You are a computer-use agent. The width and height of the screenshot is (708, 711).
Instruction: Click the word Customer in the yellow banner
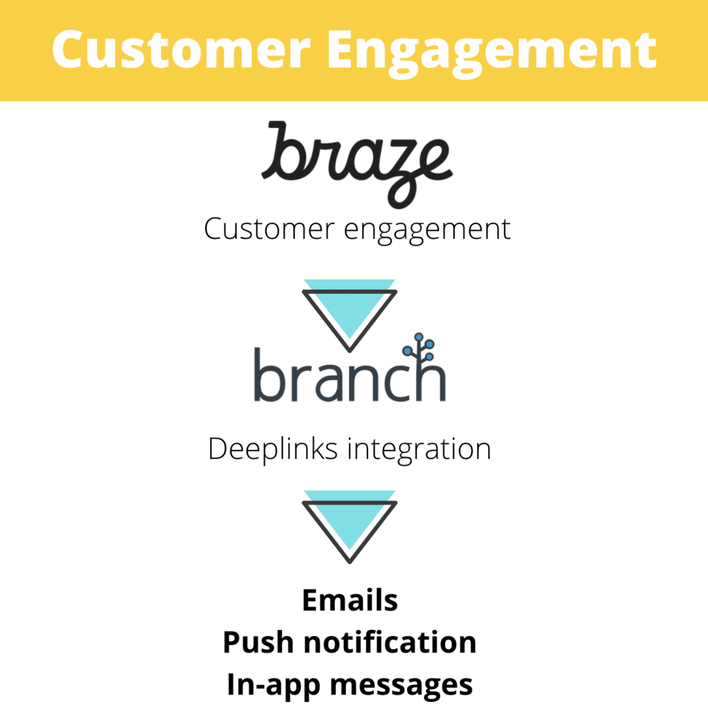pos(181,49)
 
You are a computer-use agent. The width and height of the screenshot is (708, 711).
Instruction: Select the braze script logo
pos(357,165)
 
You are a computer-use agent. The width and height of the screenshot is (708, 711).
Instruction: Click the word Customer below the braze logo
pos(269,228)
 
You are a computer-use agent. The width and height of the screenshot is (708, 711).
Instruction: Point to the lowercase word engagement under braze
pos(427,231)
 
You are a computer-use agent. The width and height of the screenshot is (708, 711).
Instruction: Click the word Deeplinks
pos(273,450)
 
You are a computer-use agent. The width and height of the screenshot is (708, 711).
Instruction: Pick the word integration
pos(420,451)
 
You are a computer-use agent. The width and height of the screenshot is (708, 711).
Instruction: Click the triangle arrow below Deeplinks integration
pos(349,527)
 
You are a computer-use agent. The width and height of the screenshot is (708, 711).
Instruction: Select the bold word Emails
pos(349,601)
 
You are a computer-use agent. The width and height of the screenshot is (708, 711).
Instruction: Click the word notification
pos(390,642)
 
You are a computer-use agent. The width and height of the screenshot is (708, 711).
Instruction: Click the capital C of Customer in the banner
pos(69,49)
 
